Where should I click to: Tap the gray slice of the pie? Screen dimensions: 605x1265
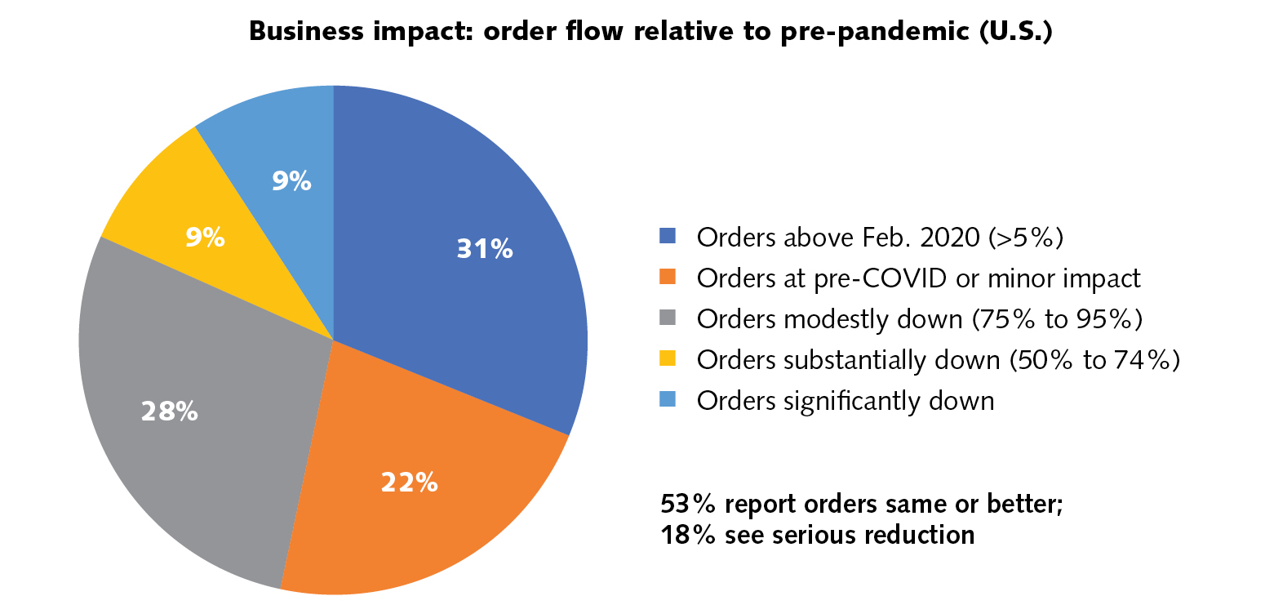pos(204,457)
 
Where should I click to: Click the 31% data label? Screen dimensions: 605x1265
pos(485,249)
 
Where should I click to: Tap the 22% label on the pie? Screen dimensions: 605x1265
pos(410,483)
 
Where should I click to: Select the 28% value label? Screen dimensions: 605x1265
pos(169,411)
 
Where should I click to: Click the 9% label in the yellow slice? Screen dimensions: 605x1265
pos(204,238)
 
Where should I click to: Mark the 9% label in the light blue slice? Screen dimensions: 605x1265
pos(291,181)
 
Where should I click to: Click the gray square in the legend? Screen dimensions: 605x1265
pos(667,319)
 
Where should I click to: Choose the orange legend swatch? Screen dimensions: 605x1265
pos(667,278)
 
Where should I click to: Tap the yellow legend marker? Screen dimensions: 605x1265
pos(667,360)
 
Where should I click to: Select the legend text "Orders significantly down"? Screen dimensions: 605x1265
pos(846,401)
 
